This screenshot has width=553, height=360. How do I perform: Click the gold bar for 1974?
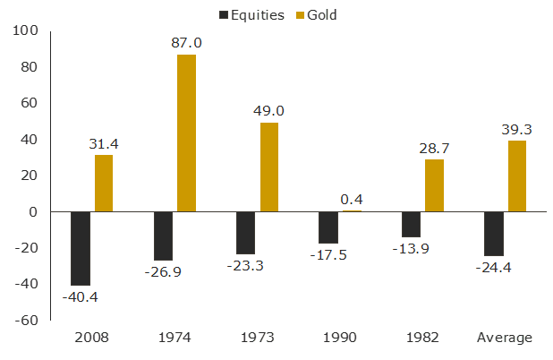click(x=186, y=133)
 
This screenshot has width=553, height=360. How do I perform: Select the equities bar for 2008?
click(x=81, y=248)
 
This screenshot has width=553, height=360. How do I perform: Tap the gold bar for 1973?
click(x=269, y=167)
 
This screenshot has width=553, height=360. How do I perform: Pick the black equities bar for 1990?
click(x=328, y=227)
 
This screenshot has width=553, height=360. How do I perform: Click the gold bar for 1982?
click(x=434, y=185)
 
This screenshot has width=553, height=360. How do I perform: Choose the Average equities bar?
click(x=494, y=234)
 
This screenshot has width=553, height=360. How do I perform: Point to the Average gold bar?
click(x=517, y=176)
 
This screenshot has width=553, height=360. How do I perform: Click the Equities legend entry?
click(x=252, y=14)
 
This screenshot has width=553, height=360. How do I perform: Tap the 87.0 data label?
click(x=186, y=42)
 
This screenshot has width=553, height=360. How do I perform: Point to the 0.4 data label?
click(x=352, y=199)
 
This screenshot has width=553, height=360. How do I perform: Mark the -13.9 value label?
click(x=412, y=248)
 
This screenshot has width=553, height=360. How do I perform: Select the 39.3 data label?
click(x=516, y=129)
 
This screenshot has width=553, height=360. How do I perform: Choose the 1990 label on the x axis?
click(x=340, y=338)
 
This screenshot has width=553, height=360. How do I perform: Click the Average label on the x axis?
click(x=506, y=338)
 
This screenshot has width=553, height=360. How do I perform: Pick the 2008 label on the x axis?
click(x=92, y=338)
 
